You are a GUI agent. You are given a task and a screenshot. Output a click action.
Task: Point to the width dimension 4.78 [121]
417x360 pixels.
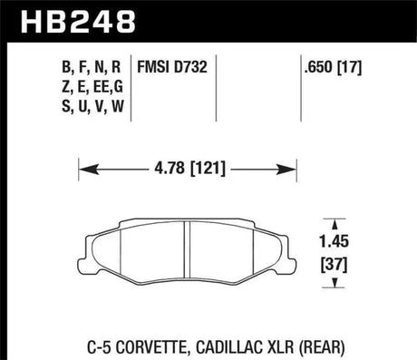[x=188, y=168]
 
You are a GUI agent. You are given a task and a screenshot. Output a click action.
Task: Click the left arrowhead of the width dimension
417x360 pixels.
[x=83, y=168]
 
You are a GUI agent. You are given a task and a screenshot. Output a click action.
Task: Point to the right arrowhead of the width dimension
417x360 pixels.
[x=294, y=168]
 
